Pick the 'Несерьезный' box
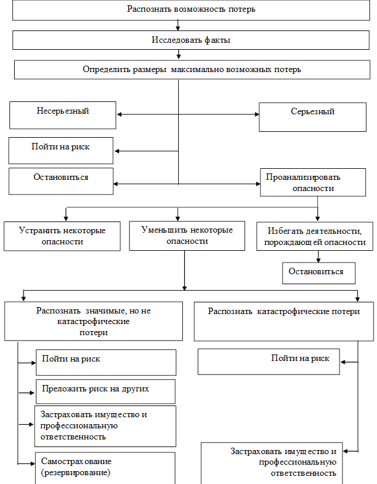63,114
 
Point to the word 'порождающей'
288,243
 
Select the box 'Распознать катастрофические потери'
283,321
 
